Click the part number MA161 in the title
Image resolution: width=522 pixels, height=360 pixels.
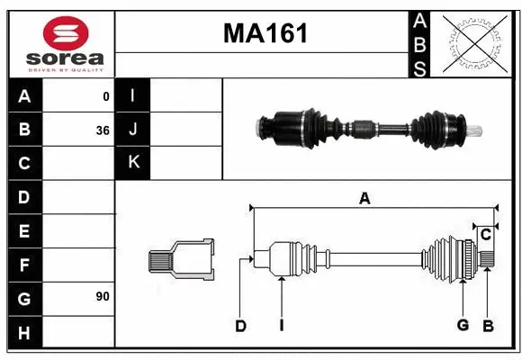pos(265,34)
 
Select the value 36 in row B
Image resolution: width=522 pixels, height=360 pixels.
pos(103,130)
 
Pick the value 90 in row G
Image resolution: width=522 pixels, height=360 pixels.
pos(103,296)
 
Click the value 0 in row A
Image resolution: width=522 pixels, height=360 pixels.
pos(106,96)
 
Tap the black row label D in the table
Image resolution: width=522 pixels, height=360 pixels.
pos(24,197)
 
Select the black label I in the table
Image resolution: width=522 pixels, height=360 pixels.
pos(133,95)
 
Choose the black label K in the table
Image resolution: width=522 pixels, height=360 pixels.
pos(133,163)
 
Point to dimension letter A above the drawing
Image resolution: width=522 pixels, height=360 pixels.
pos(364,199)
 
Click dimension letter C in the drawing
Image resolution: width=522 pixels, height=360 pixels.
pos(485,235)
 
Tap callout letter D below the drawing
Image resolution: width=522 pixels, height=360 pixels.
pos(240,326)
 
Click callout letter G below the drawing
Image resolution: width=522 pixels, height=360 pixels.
pos(463,325)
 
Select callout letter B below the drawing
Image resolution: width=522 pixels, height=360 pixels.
pos(488,325)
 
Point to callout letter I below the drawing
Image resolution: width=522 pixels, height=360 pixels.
pos(282,326)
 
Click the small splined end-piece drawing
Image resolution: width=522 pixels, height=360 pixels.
pos(181,260)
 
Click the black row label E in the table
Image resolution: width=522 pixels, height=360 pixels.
pos(24,231)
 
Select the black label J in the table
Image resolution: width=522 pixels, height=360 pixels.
pos(133,130)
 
